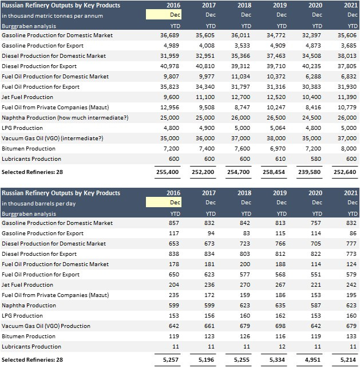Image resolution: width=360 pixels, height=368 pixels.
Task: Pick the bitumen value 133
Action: [351, 336]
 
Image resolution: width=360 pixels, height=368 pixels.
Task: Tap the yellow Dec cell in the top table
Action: [164, 15]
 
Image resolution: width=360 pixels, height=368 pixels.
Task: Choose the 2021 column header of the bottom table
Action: [349, 193]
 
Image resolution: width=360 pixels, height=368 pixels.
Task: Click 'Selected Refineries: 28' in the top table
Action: [33, 171]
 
